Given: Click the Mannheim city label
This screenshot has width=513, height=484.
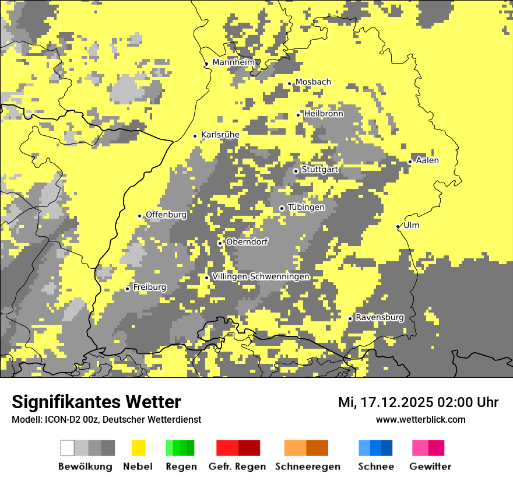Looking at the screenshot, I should tap(234, 62).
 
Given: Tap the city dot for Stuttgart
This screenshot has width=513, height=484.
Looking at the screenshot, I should tap(296, 171).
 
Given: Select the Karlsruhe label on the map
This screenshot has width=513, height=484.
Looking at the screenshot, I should tap(220, 135).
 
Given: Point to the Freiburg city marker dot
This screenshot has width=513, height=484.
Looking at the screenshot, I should tap(128, 289).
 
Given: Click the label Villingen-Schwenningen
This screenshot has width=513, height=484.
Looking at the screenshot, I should tap(261, 276).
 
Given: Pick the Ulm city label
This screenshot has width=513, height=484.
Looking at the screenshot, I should tap(411, 225).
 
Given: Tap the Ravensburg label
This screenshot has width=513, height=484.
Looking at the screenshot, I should tap(380, 317).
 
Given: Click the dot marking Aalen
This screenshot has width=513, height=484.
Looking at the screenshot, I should tap(410, 162).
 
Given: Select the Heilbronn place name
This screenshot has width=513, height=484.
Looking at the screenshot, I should tap(324, 114).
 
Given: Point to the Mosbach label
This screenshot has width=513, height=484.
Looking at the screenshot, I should tap(313, 82).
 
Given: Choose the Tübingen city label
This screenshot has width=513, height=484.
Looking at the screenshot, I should tap(306, 207).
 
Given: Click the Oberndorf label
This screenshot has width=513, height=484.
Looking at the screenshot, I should tap(247, 241).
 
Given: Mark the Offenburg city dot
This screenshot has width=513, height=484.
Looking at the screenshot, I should tap(140, 216).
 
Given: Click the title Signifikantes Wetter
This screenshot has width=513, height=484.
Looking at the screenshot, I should tap(96, 402).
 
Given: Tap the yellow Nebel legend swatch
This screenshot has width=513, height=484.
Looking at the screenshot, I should tap(138, 448).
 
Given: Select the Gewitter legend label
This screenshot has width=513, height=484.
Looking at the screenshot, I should tap(430, 467).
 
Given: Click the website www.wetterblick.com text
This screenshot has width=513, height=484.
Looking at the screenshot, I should tap(420, 419).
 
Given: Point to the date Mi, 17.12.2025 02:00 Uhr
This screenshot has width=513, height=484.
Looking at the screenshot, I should tap(418, 402).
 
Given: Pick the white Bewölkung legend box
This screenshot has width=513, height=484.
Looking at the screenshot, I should tap(68, 448).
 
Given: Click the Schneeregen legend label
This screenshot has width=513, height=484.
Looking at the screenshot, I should tap(307, 467).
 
